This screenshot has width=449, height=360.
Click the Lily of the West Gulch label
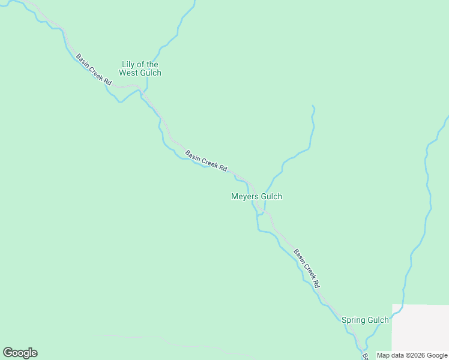[140, 68]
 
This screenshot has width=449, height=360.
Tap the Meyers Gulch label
[256, 196]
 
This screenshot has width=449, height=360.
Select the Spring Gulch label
[365, 320]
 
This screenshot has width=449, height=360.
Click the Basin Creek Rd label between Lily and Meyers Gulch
[206, 161]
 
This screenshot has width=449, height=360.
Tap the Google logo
[20, 353]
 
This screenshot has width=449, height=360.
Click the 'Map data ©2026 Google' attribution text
[411, 355]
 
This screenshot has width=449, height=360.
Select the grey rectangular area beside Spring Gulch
[420, 330]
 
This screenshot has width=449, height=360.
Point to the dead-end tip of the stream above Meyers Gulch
[313, 106]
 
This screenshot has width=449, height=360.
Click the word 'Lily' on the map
[128, 64]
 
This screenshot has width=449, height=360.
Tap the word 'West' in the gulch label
[128, 73]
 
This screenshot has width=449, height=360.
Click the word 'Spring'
[354, 320]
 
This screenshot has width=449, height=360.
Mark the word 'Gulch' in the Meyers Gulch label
[271, 196]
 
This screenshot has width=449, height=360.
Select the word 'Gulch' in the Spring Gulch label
[378, 320]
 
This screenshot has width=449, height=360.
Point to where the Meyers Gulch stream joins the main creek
[262, 212]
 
